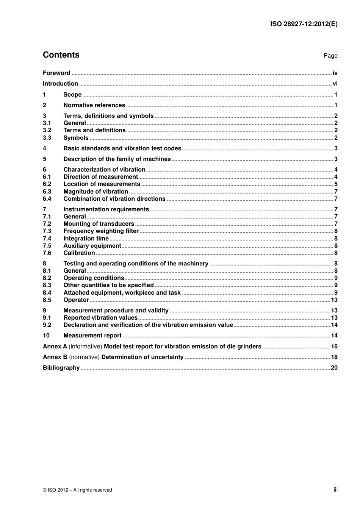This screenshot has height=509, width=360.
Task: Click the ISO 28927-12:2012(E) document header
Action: coord(304,24)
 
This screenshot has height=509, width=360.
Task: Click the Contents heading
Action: coord(61,55)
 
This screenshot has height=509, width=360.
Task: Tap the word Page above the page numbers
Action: coord(330,56)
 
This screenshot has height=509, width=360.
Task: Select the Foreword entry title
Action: coord(56,73)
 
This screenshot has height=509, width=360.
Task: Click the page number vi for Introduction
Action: coord(335,84)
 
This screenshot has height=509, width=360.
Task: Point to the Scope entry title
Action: coord(72,95)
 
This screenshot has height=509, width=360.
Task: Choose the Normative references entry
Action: coord(94,105)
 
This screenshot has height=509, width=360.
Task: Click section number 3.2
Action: coord(47,130)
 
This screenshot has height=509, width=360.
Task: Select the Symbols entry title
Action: coord(76,138)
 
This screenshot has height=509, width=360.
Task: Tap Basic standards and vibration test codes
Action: coord(122,148)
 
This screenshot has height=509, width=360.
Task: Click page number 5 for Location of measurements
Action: coord(336,184)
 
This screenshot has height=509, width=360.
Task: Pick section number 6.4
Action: coord(47,199)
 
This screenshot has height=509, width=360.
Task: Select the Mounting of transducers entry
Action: coord(99,224)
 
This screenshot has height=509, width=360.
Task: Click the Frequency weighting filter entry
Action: coord(101,231)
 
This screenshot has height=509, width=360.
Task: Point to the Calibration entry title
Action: coord(79,253)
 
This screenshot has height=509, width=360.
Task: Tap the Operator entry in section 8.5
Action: coord(76,300)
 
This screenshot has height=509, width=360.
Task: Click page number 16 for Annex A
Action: coord(334,347)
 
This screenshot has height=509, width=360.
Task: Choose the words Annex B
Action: coord(55,357)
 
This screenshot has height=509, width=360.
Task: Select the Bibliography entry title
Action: coord(61,368)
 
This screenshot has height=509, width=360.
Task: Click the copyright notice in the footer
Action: coord(77,490)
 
